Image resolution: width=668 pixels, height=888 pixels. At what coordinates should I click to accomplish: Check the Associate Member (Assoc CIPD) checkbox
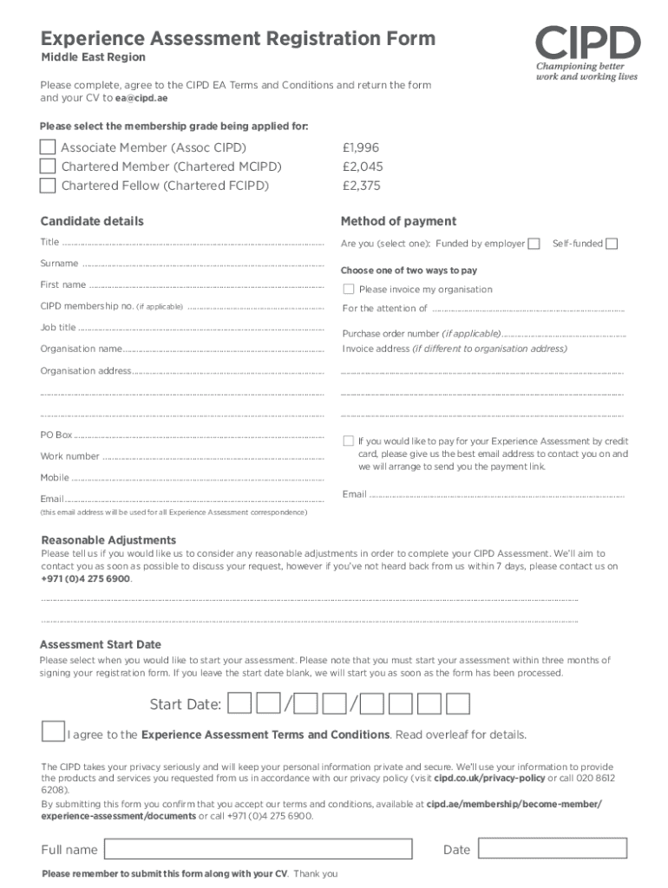tap(48, 147)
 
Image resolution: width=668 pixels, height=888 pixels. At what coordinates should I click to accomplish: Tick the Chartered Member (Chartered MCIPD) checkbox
tap(48, 166)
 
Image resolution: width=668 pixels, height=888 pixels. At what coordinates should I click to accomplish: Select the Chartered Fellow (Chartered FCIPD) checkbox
tap(48, 186)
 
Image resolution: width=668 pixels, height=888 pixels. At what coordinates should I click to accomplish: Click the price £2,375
tap(362, 186)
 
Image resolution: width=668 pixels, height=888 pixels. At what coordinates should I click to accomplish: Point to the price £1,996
tap(361, 147)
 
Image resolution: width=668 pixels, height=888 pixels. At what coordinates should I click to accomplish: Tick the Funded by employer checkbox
tap(534, 244)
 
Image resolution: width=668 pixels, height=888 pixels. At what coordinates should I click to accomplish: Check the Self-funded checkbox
tap(612, 244)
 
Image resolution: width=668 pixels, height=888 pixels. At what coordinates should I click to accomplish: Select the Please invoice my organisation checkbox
tap(349, 289)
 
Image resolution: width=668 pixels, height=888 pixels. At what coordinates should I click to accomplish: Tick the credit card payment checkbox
tap(349, 441)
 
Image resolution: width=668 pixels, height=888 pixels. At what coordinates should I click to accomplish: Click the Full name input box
tap(258, 849)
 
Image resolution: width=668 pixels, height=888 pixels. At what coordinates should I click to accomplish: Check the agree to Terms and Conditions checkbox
tap(53, 731)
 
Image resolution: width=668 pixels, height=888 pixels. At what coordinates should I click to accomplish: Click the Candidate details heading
tap(92, 221)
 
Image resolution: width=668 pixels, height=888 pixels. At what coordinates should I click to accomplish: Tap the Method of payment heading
tap(398, 221)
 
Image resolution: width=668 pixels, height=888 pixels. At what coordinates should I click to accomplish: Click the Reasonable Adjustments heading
tap(108, 539)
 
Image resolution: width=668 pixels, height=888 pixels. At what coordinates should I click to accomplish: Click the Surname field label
tap(59, 264)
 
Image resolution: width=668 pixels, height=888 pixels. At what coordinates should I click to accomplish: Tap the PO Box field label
tap(56, 434)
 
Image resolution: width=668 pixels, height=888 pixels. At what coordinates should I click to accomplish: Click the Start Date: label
tap(185, 703)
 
